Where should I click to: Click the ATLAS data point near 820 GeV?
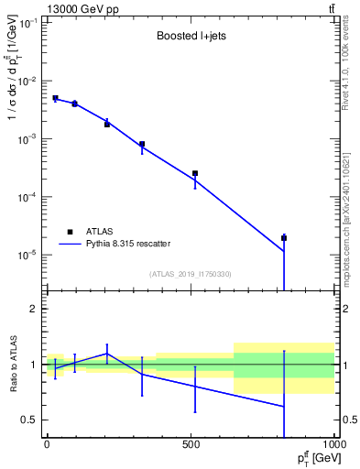pos(284,238)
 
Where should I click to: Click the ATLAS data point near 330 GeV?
pos(142,144)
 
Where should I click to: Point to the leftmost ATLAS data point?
pos(55,98)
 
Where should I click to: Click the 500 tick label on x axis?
pos(191,445)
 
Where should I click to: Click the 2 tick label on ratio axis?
pos(33,309)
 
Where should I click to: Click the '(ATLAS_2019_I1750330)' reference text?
pos(190,273)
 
